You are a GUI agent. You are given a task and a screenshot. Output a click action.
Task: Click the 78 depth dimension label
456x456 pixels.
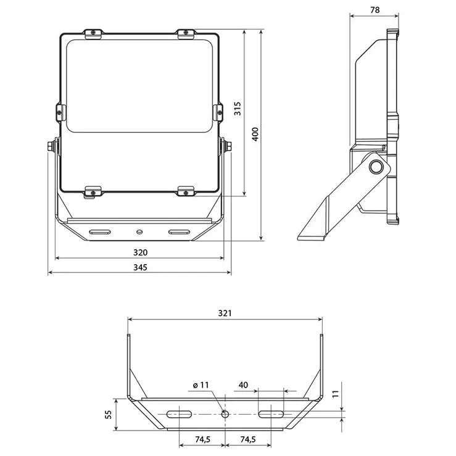point(375,10)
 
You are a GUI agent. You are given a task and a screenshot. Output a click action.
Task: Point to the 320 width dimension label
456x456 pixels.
point(140,252)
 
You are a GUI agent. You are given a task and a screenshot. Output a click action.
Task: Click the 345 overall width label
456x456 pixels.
point(140,267)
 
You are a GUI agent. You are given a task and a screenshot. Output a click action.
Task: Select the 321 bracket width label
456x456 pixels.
point(225,313)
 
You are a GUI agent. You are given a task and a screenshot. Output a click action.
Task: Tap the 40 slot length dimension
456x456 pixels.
point(243,384)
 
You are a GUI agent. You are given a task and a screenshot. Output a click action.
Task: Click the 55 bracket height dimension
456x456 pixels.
point(109,415)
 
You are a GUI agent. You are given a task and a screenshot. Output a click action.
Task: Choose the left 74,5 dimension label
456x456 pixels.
point(202,440)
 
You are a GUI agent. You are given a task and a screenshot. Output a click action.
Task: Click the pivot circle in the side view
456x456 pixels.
point(375,167)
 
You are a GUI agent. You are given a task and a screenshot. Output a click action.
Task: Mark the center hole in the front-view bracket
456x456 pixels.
point(139,231)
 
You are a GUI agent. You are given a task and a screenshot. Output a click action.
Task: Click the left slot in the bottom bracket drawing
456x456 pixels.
point(179,413)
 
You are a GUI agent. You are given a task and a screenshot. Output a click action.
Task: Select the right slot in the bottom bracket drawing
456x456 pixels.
point(271,413)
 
